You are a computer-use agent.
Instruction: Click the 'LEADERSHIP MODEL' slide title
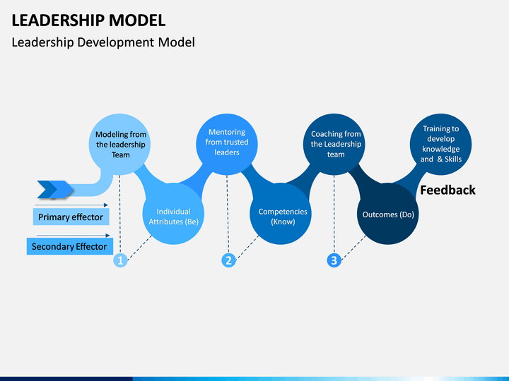[88, 20]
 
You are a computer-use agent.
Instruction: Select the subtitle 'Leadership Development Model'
[103, 42]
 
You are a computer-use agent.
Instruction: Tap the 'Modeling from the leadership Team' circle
[119, 145]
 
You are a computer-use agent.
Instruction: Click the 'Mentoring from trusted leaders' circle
[227, 145]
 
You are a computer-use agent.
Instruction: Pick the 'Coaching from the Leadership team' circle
[334, 145]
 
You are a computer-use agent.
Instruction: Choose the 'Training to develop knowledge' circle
[441, 145]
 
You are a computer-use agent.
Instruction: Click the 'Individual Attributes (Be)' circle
[173, 214]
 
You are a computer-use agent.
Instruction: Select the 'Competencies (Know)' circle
[281, 214]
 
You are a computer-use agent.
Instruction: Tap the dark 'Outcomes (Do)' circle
[388, 214]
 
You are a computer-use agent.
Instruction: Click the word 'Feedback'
[447, 190]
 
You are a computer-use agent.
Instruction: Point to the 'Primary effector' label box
[71, 217]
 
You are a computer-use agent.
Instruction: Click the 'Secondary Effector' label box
[70, 246]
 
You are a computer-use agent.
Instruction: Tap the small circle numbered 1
[120, 260]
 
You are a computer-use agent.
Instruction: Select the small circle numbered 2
[228, 260]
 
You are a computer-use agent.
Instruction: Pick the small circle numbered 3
[334, 260]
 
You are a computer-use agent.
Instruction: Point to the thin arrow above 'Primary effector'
[71, 205]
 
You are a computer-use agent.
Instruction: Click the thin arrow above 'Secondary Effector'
[74, 236]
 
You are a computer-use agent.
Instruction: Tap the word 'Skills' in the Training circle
[453, 159]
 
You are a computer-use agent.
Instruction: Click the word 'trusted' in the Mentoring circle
[236, 143]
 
